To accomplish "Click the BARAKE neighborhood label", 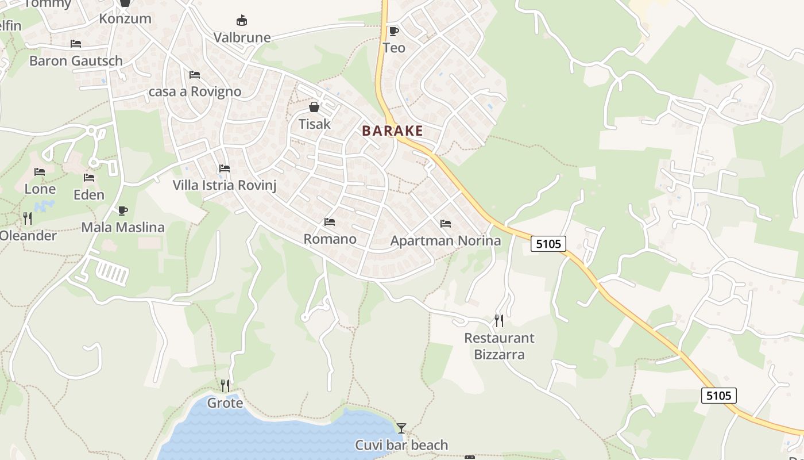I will point(393,131).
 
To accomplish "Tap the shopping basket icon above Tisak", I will point(314,107).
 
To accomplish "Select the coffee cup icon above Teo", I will point(393,31).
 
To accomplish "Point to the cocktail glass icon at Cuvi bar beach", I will point(401,428).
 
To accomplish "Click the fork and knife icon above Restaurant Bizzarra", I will point(499,320).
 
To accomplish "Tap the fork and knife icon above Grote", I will point(225,385).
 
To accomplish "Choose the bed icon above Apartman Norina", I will point(446,223).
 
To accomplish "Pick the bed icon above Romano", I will point(330,221).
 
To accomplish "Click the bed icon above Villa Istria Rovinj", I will point(225,168).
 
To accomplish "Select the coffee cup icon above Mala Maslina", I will point(122,210).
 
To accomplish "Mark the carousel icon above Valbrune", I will point(242,21).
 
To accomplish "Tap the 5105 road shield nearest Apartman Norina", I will point(548,244).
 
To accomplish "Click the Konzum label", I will point(125,18).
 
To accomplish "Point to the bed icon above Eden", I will point(89,178).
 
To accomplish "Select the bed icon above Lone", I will point(40,172).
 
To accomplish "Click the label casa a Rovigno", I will point(195,92).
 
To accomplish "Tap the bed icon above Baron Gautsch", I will point(76,44).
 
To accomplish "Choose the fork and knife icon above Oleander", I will point(28,218).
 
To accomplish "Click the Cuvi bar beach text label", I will point(401,445).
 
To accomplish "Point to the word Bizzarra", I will point(499,354).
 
